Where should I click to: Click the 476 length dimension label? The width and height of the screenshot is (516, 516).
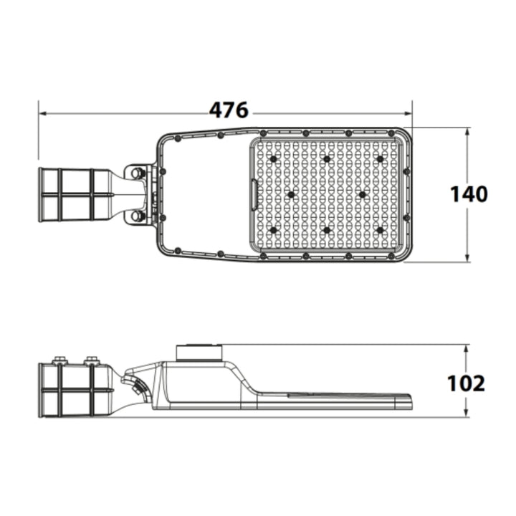229,110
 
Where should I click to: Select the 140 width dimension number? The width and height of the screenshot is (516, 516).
469,194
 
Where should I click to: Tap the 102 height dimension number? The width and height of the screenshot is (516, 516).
466,383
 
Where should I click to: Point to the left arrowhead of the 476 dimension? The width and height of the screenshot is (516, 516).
43,113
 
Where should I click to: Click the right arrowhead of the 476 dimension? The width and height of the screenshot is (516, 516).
408,113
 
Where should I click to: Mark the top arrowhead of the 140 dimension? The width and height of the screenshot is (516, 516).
467,132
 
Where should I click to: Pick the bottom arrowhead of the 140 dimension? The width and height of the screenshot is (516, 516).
467,258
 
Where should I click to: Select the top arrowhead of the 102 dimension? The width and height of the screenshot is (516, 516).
466,349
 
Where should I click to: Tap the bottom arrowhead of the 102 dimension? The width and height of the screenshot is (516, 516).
466,413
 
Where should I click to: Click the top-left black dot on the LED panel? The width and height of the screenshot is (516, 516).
273,159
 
